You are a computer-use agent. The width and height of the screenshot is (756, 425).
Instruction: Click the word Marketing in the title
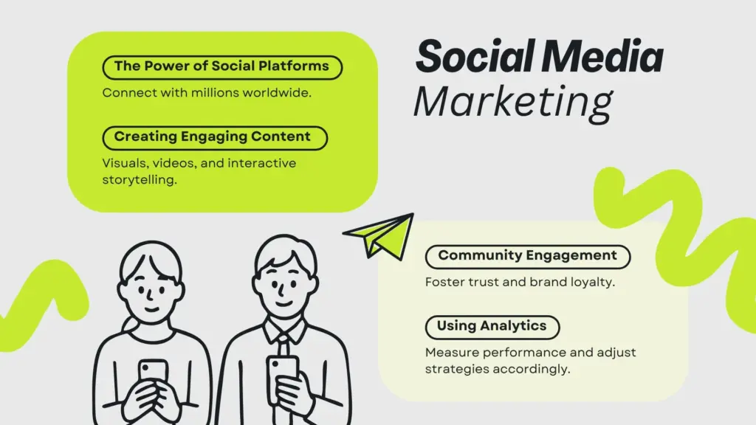coord(514,103)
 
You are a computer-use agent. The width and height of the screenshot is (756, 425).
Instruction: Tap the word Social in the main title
coord(475,56)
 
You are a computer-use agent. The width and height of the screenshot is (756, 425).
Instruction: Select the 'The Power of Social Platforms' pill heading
coord(222,67)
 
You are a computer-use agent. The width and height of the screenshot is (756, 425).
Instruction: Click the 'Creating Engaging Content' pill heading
coord(215,138)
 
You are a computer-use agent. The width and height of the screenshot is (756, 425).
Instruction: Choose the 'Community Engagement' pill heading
coord(528,257)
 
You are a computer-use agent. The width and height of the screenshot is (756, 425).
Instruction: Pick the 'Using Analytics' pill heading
coord(492,327)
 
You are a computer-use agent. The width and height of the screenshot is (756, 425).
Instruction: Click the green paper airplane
coord(380,235)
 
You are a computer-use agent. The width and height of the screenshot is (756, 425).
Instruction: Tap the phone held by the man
coord(283,373)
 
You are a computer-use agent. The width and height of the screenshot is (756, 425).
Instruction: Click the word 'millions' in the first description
coord(215,92)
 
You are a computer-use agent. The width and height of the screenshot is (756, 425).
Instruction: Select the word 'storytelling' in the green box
coord(138,180)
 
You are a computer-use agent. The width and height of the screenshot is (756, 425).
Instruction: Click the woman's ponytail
coord(129,325)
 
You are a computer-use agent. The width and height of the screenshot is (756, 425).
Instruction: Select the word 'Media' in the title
coord(602,56)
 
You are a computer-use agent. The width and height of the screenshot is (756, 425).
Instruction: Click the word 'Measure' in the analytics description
coord(452,352)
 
